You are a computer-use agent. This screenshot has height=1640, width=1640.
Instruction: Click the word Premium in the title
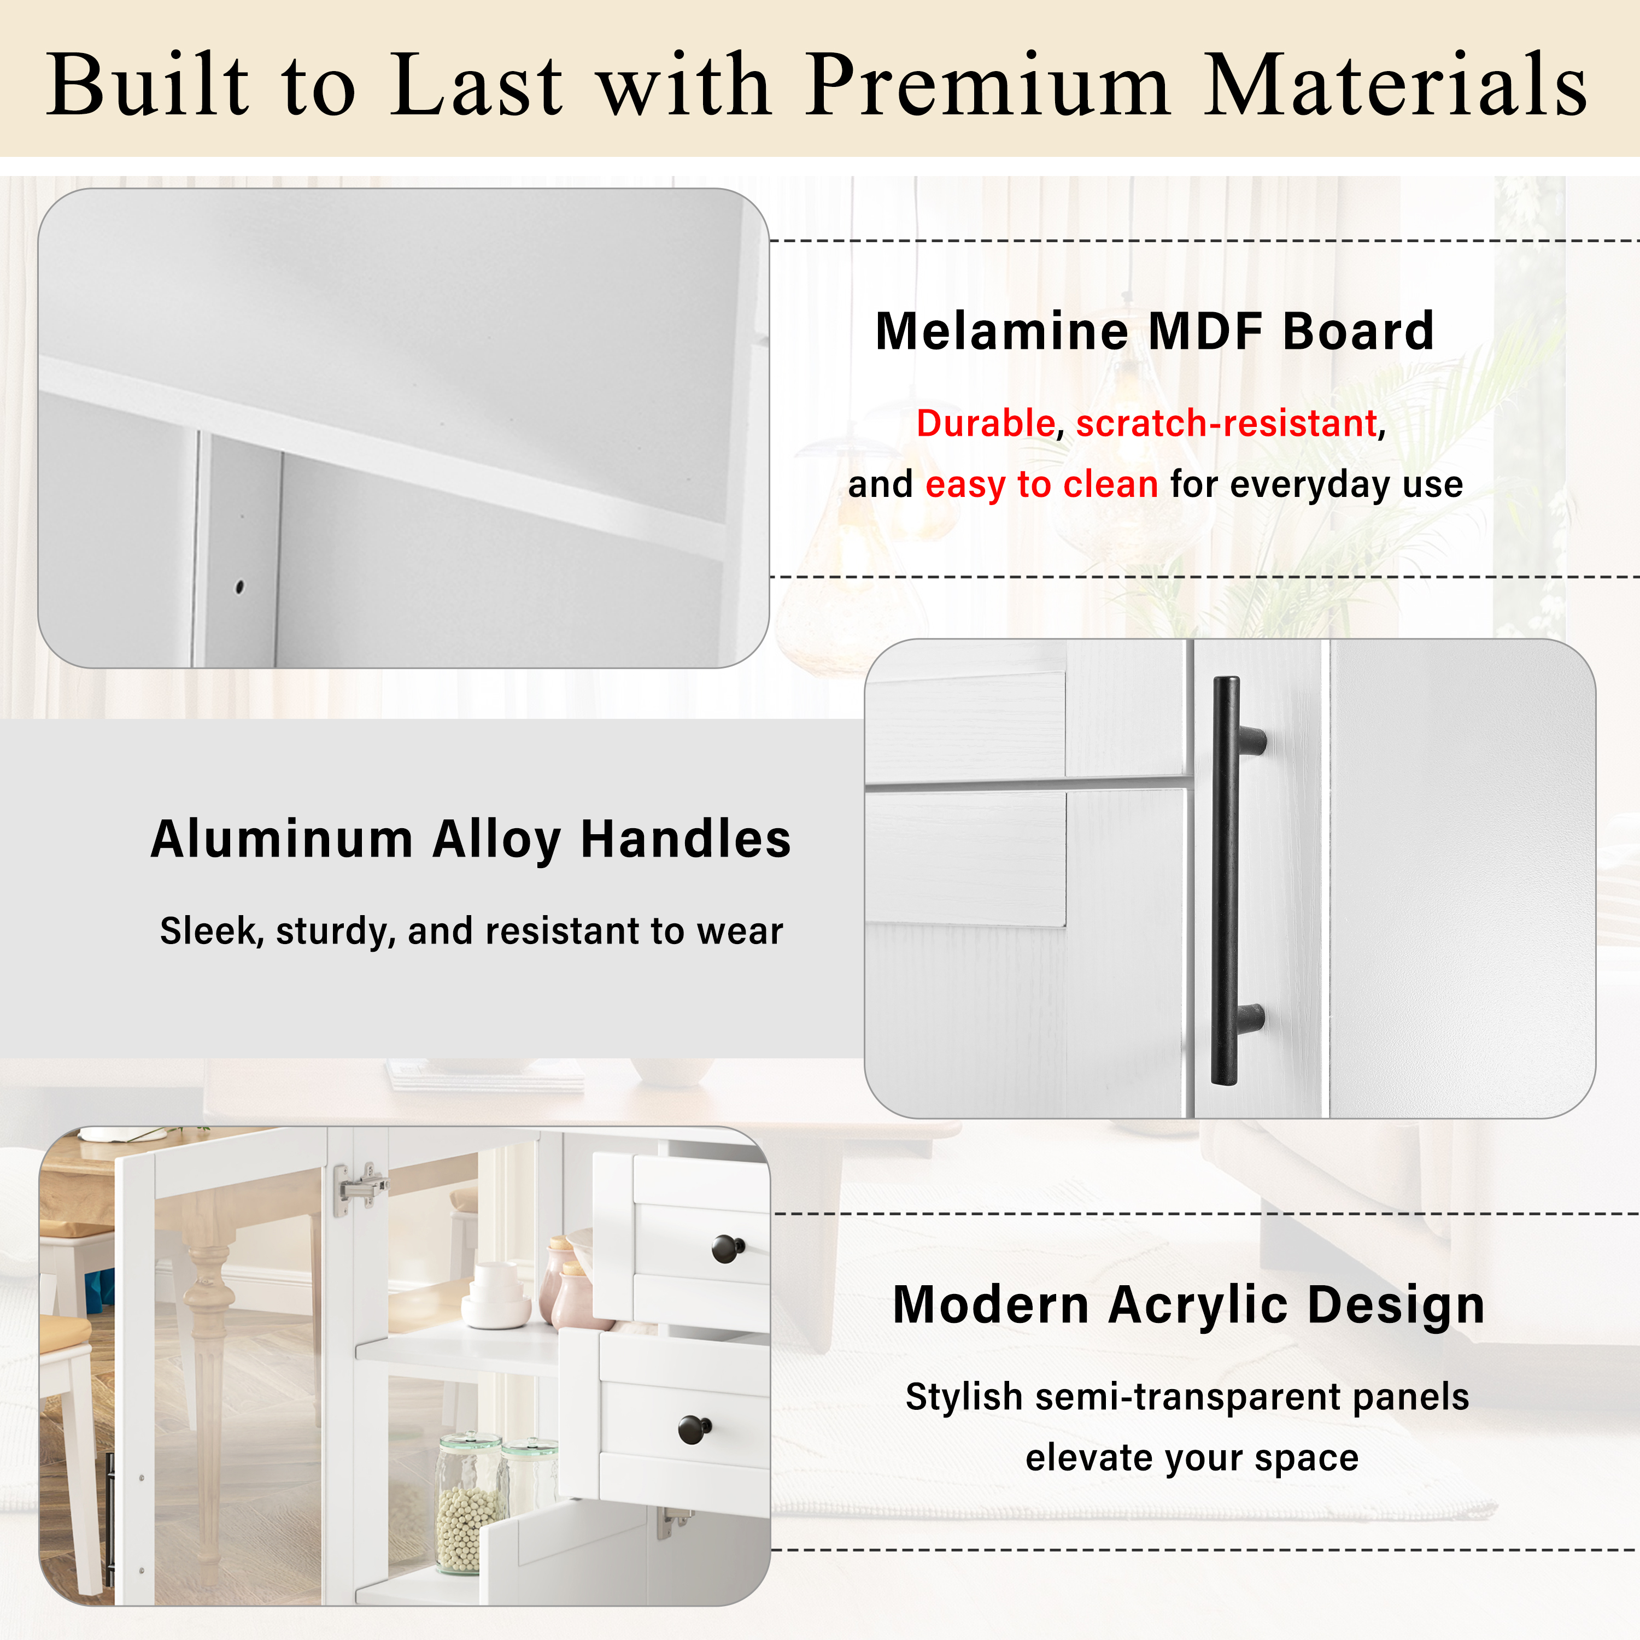[988, 84]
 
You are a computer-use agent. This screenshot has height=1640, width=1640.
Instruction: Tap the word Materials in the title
[1396, 84]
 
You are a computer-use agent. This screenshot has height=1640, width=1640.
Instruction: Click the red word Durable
[985, 423]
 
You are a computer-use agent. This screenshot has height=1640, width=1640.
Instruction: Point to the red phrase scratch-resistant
[1227, 423]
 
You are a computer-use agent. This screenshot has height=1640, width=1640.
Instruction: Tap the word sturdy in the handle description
[331, 931]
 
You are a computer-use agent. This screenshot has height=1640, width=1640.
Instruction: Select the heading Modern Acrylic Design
[1188, 1305]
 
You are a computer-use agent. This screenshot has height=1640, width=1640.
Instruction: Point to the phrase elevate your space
[1192, 1457]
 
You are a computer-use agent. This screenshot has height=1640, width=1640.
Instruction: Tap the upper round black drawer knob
[728, 1249]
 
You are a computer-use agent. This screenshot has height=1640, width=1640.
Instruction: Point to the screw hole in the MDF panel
[239, 587]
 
